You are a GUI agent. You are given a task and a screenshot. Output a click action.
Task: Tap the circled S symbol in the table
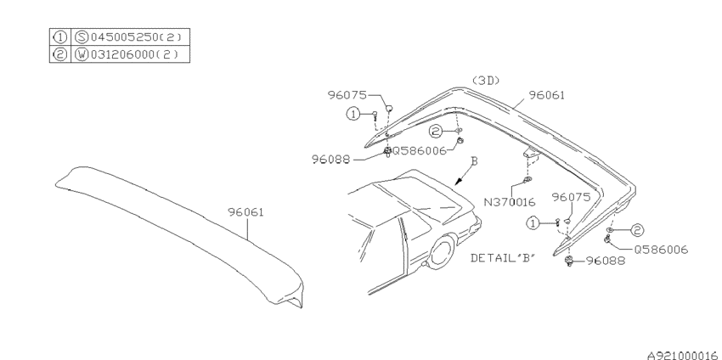click(82, 37)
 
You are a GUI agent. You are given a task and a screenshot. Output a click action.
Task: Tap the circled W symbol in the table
click(82, 54)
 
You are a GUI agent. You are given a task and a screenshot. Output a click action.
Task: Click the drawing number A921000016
click(682, 355)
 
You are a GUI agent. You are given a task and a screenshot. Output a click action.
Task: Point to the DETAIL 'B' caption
click(504, 258)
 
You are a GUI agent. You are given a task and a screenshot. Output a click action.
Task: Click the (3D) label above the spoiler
click(486, 81)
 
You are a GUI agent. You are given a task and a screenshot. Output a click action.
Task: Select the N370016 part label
click(510, 201)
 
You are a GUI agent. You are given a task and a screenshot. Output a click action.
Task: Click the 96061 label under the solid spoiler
click(245, 212)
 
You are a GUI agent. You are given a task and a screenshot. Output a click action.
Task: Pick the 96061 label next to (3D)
click(546, 95)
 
